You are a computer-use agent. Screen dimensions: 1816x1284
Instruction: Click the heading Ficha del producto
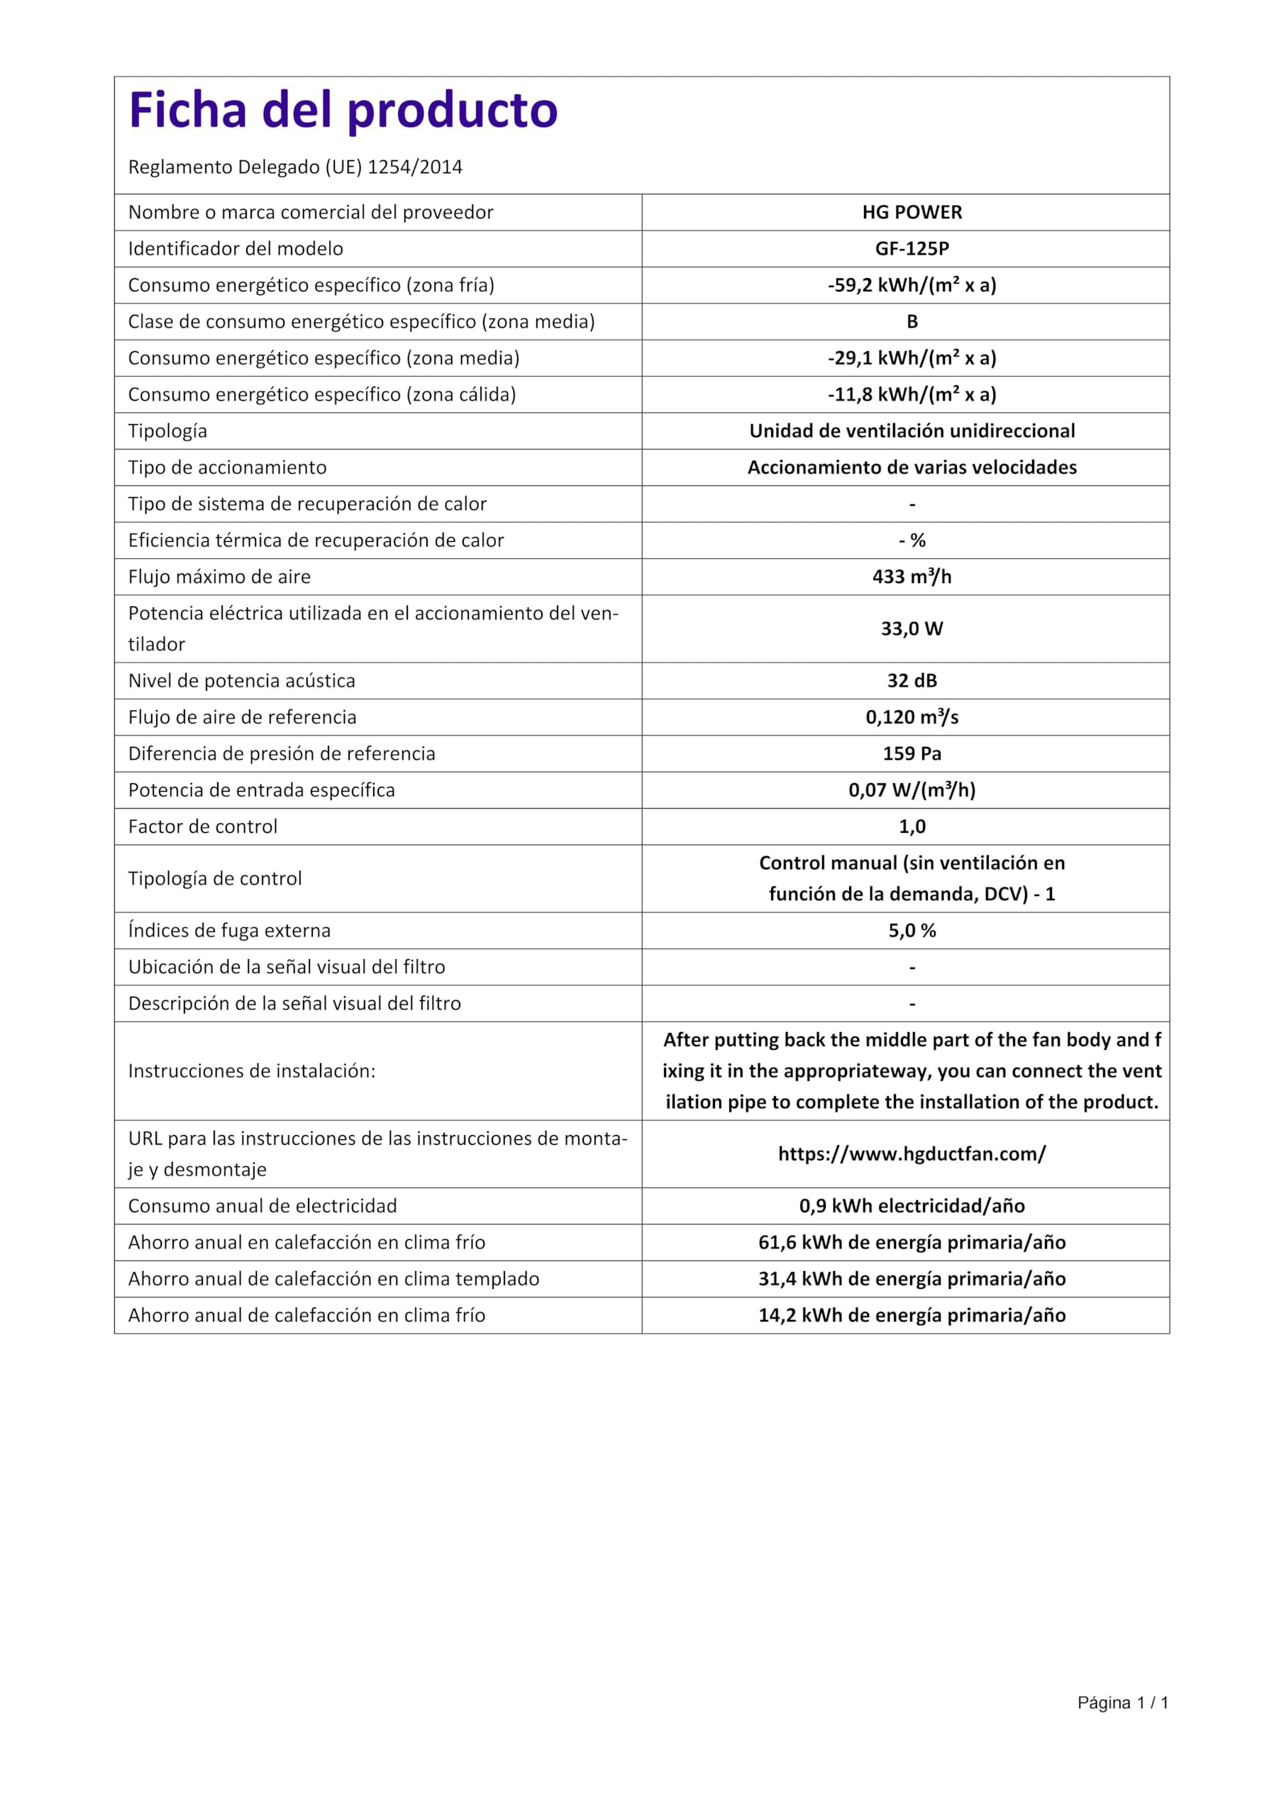343,110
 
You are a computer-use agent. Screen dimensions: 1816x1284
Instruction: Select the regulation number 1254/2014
414,167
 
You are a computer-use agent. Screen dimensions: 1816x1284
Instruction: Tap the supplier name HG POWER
912,213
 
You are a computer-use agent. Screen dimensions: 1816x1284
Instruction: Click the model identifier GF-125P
912,249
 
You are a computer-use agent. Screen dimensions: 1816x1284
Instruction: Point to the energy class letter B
912,322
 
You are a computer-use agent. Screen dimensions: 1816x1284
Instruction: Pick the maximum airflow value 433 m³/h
912,577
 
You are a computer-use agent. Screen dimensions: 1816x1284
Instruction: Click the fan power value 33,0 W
912,629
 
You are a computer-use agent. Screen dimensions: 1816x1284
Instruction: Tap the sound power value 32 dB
912,681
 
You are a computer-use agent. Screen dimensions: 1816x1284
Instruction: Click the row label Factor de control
202,826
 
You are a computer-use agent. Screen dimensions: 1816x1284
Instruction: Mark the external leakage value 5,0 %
912,931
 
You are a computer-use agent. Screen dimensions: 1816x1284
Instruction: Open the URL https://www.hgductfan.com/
912,1154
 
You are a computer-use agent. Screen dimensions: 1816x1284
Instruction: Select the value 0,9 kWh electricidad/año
912,1206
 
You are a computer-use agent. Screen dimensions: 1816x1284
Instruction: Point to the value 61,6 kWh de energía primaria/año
912,1243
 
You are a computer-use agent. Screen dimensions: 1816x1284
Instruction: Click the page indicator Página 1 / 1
1122,1703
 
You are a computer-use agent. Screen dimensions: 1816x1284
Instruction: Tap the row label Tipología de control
214,879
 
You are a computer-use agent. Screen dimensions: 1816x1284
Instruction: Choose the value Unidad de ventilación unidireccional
912,431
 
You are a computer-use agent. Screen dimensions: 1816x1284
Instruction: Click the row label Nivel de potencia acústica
241,681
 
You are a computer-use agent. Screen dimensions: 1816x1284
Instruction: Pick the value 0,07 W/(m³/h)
912,790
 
